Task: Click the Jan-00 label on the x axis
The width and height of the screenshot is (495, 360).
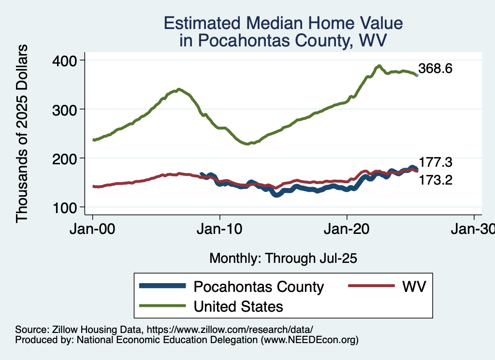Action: coord(92,230)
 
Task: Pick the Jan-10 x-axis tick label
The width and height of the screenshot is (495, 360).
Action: coord(220,230)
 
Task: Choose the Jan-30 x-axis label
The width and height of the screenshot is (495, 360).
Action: coord(473,230)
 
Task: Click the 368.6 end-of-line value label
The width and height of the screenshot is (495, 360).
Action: coord(436,69)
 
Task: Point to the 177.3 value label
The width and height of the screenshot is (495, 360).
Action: coord(436,162)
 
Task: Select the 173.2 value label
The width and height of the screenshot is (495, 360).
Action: coord(436,180)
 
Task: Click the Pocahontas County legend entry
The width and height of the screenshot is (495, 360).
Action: coord(259,287)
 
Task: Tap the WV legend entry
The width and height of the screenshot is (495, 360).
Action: coord(414,287)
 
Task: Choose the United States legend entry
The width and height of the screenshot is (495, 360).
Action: coord(238,306)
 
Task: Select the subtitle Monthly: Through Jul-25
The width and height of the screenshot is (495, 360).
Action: coord(283,259)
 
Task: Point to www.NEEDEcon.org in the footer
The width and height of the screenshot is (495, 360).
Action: coord(309,340)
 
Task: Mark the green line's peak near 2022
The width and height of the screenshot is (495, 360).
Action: coord(379,66)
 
